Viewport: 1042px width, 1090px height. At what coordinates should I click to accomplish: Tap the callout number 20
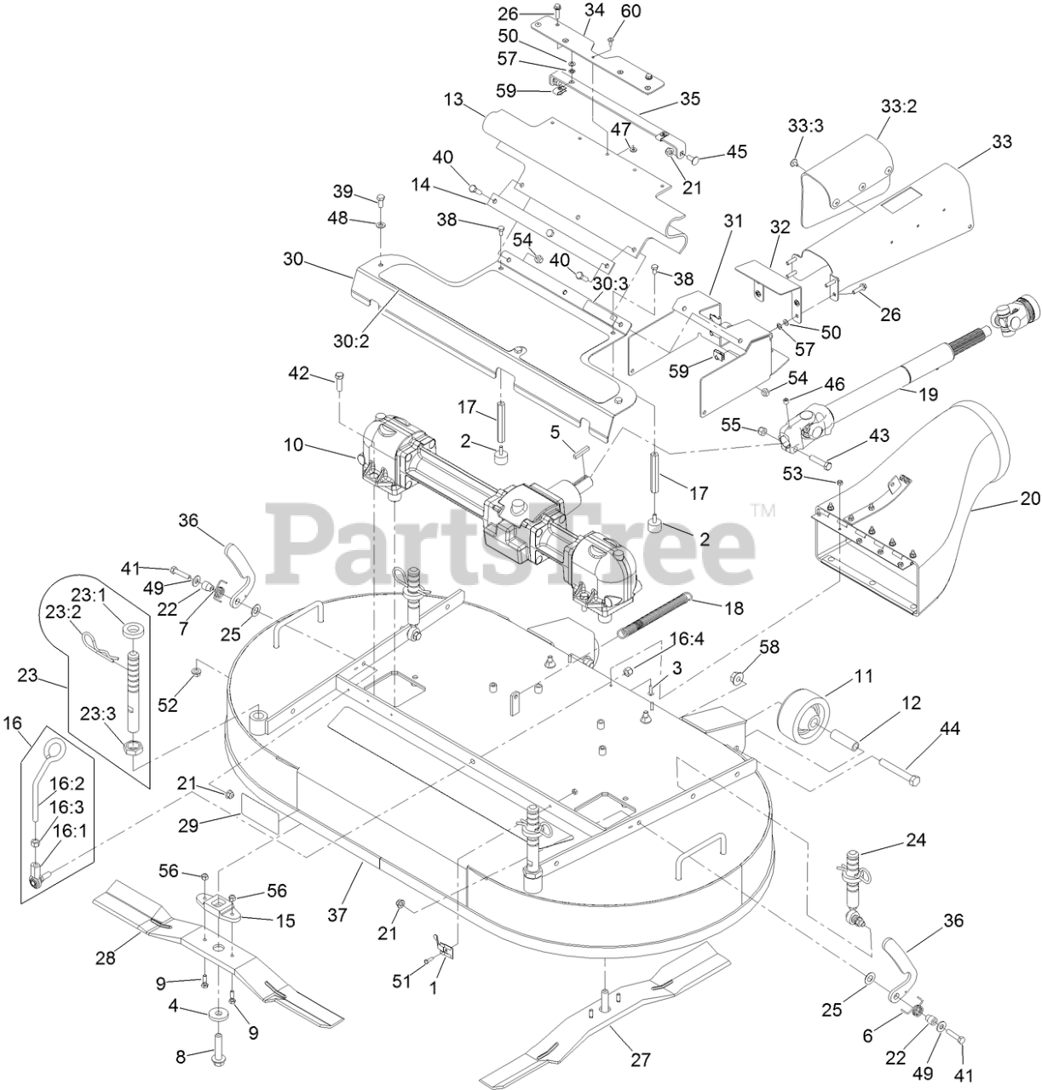coord(1030,498)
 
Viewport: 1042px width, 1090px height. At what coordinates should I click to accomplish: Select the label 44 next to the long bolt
coord(948,729)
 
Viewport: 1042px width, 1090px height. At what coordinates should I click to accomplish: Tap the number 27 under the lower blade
coord(640,1059)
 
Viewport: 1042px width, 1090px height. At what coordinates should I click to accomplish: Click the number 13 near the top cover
coord(452,100)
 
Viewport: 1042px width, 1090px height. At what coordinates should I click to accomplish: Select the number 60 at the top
coord(631,12)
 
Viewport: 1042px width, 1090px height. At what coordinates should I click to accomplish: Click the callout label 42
coord(298,373)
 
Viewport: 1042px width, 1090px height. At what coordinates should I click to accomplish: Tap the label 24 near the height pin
coord(915,839)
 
